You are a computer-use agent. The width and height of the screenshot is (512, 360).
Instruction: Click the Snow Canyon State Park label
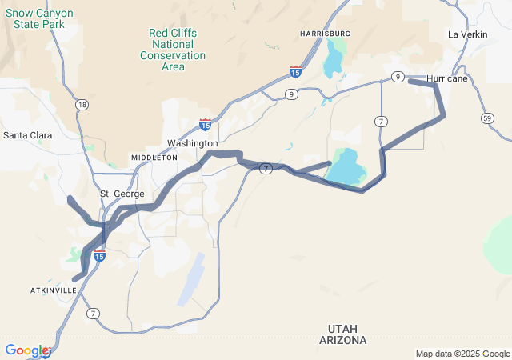coord(43,18)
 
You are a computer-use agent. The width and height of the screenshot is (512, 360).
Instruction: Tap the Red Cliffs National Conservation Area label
coord(173,50)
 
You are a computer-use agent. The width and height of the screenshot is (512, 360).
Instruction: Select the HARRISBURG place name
coord(325,34)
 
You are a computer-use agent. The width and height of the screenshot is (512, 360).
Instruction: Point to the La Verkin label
coord(467,34)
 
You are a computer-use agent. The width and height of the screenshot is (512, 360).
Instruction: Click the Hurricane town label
coord(447,78)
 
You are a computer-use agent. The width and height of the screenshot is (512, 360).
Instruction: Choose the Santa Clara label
coord(28,135)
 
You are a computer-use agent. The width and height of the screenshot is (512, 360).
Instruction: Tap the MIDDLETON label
coord(154,158)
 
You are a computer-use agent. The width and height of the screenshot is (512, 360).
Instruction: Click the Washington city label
coord(192,143)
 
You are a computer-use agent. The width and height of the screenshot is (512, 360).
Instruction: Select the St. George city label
coord(122,194)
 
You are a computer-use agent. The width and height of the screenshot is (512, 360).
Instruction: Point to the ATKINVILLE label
coord(54,289)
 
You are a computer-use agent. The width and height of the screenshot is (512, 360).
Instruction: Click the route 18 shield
coord(82,105)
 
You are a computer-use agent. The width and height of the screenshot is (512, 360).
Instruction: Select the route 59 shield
coord(487,118)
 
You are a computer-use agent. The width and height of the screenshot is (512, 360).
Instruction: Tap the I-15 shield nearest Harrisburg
coord(296,72)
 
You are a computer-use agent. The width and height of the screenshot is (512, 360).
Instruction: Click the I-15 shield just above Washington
coord(206,124)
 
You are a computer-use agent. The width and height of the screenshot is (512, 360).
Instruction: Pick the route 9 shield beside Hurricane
coord(397,76)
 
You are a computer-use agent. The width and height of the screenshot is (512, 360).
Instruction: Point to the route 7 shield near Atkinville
coord(94,312)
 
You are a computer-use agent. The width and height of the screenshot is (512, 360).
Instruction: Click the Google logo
coord(26,350)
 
